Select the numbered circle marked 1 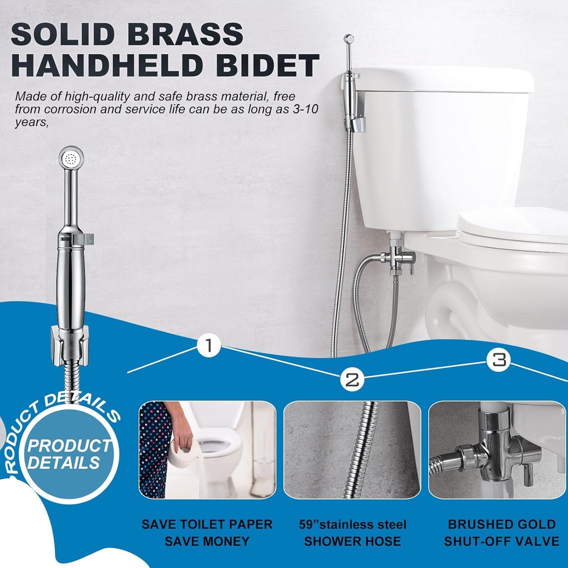coord(209,346)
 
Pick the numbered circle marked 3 coord(499,360)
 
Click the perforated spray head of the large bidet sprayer coord(71,158)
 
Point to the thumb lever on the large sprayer coord(84,239)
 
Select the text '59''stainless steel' coord(352,524)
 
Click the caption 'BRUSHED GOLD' coord(501,524)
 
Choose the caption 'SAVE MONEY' coord(207,541)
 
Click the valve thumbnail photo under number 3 coord(496,449)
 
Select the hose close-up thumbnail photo coord(352,449)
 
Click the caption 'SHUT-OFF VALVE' coord(501,541)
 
